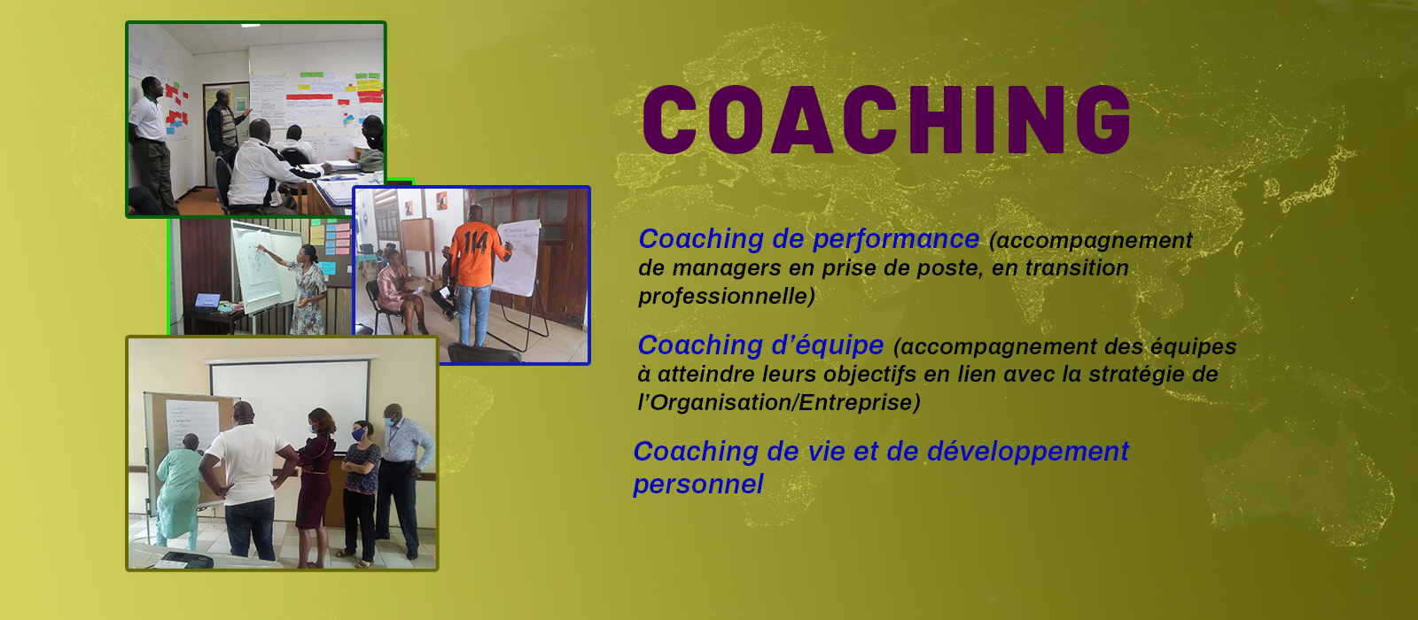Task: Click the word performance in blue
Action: click(896, 240)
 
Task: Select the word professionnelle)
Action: click(727, 297)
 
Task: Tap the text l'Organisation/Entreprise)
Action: click(779, 402)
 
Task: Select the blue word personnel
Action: click(698, 484)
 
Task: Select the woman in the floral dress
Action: click(307, 288)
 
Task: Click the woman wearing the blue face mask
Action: click(360, 492)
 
